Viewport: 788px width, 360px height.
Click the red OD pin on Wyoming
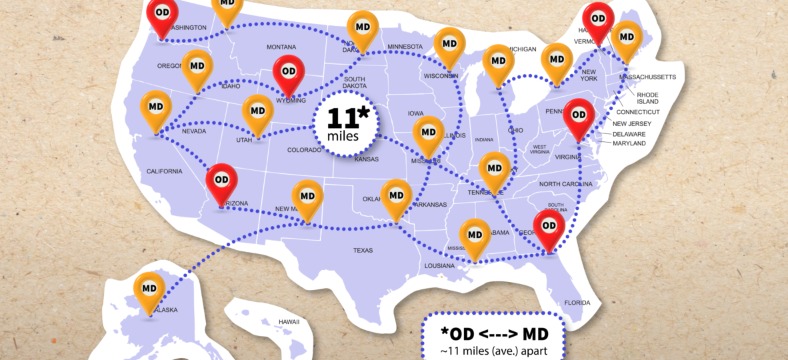[289, 71]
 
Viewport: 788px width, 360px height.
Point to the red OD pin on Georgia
[549, 227]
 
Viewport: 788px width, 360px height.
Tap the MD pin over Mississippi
[475, 235]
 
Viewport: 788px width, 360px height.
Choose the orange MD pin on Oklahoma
[396, 196]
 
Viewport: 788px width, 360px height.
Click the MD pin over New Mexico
[307, 197]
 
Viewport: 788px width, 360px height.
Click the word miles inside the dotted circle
[343, 136]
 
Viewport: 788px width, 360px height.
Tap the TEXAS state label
[363, 251]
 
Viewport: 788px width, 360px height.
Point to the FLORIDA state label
[577, 303]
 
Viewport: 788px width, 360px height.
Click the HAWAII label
[289, 322]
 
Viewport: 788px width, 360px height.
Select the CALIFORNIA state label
[164, 172]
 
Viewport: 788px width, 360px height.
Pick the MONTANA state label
[281, 47]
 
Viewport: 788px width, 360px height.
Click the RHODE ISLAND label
[647, 98]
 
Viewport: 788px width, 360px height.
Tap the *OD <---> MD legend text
[493, 333]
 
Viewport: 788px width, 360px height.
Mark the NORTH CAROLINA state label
[565, 184]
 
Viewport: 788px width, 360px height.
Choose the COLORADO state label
[305, 150]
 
